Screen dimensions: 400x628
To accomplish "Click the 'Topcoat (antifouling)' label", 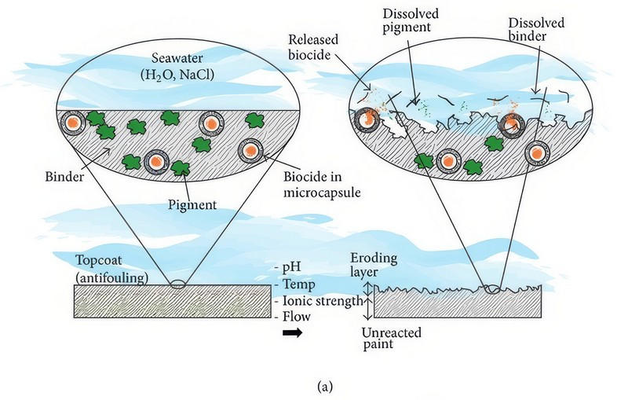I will point(111,267).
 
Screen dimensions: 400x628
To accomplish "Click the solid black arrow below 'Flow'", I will point(291,333).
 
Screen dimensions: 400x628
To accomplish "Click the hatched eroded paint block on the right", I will point(458,303).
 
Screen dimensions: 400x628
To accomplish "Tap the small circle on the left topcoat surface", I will point(179,284).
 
